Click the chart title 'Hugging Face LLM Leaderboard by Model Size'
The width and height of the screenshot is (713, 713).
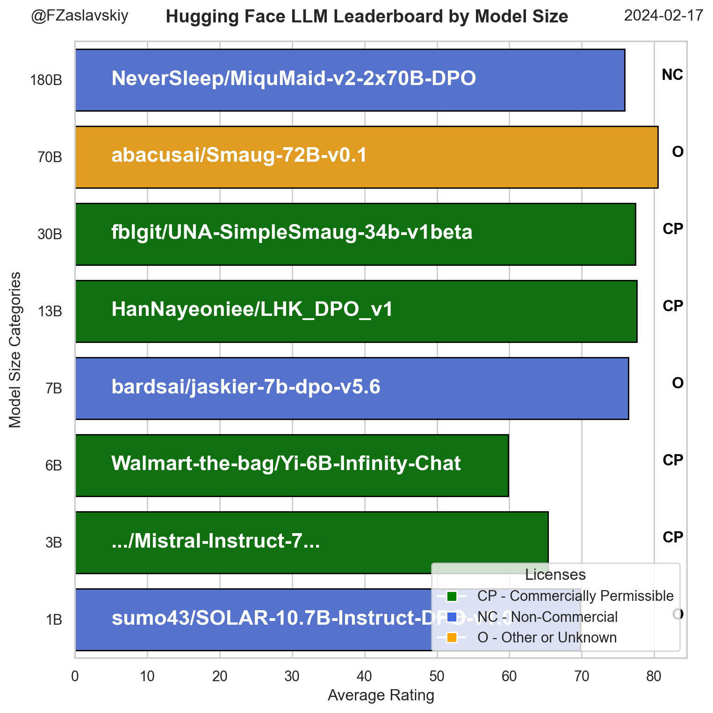click(367, 17)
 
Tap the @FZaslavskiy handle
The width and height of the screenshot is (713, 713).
click(79, 16)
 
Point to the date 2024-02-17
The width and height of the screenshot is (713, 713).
click(663, 16)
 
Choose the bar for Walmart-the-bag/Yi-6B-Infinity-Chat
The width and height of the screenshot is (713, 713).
click(482, 465)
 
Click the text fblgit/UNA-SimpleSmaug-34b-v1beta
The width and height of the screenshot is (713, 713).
click(292, 232)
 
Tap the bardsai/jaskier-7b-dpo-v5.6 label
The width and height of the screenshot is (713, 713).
click(246, 387)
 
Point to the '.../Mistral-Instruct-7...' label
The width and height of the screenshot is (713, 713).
click(216, 541)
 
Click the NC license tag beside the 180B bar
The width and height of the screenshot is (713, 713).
click(672, 75)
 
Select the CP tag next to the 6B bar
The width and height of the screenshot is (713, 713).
click(673, 460)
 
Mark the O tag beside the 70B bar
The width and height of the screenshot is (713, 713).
click(677, 152)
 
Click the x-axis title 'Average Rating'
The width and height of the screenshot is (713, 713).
click(381, 696)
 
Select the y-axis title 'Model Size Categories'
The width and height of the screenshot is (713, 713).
click(15, 349)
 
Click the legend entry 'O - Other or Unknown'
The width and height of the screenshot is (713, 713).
click(547, 637)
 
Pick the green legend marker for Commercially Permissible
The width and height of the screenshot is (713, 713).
click(452, 596)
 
